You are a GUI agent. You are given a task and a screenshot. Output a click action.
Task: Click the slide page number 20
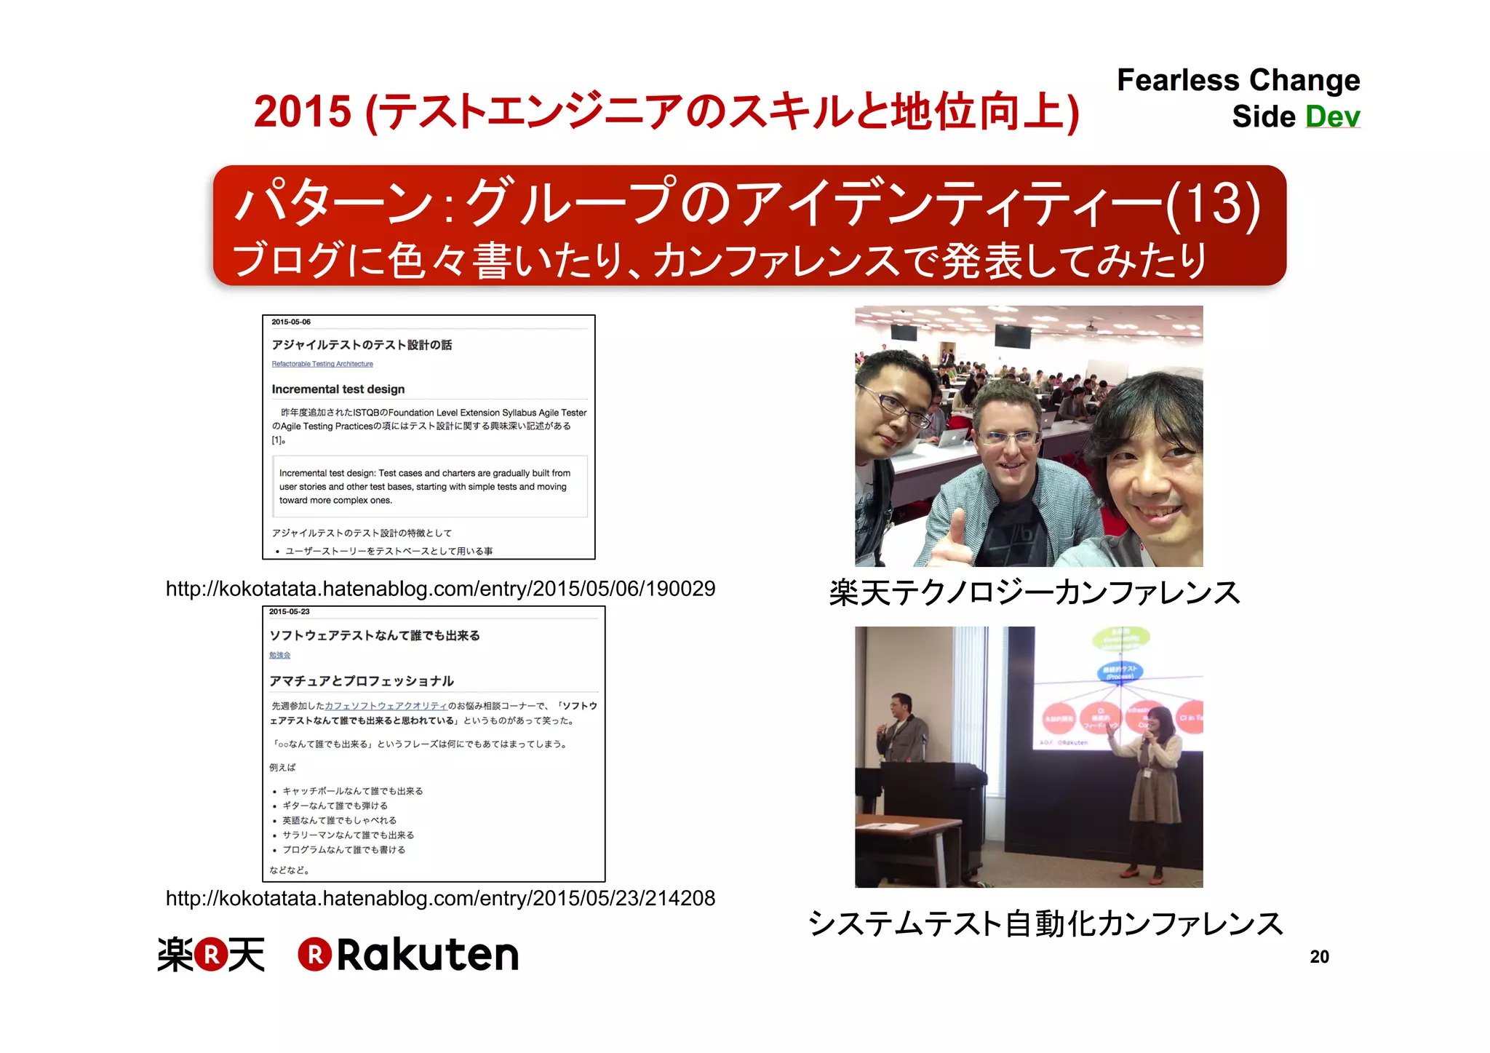pos(1319,956)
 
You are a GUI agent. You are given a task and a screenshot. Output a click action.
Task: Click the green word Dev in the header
pos(1332,116)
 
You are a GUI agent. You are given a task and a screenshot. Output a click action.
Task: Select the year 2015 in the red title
pos(303,112)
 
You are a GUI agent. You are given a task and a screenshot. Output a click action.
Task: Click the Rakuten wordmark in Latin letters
pos(427,955)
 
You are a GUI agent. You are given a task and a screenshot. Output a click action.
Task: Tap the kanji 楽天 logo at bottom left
pos(211,955)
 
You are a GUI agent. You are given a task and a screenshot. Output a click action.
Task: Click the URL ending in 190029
pos(440,588)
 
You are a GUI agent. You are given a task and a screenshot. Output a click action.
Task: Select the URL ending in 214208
pos(440,898)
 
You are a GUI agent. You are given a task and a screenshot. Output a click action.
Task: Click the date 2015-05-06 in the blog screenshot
pos(291,322)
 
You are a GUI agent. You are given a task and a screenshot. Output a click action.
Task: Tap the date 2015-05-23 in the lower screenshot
pos(290,611)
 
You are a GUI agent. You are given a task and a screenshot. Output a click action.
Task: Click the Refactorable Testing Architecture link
pos(322,364)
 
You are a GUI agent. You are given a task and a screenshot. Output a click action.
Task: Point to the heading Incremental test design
pos(338,389)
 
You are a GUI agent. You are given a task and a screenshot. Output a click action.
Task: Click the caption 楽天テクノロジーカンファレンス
pos(1035,592)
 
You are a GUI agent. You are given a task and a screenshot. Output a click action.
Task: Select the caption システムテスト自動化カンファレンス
pos(1045,923)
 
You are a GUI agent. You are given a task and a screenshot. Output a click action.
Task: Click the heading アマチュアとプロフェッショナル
pos(362,681)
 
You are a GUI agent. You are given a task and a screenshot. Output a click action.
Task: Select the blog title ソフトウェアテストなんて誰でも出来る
pos(375,635)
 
